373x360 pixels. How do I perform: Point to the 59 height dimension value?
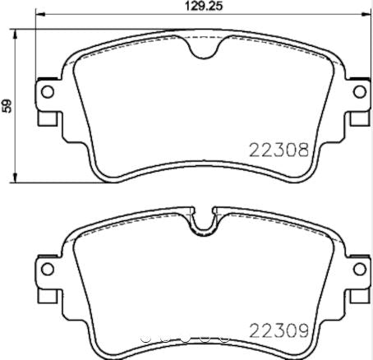tap(7, 106)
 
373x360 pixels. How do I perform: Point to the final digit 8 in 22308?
tap(302, 151)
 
